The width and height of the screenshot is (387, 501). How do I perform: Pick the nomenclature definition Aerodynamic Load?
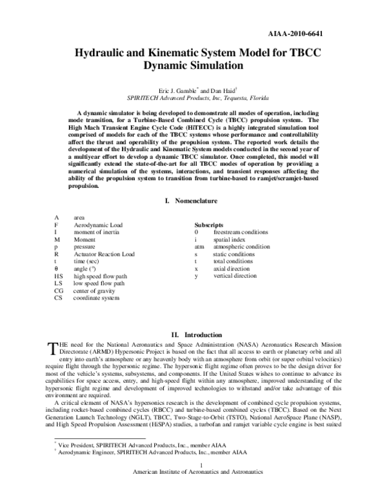pyautogui.click(x=99, y=225)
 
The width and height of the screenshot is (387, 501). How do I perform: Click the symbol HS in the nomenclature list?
pyautogui.click(x=58, y=276)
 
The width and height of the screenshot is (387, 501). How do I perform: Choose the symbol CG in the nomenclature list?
pyautogui.click(x=58, y=291)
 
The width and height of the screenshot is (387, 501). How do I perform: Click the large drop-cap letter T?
pyautogui.click(x=54, y=349)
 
